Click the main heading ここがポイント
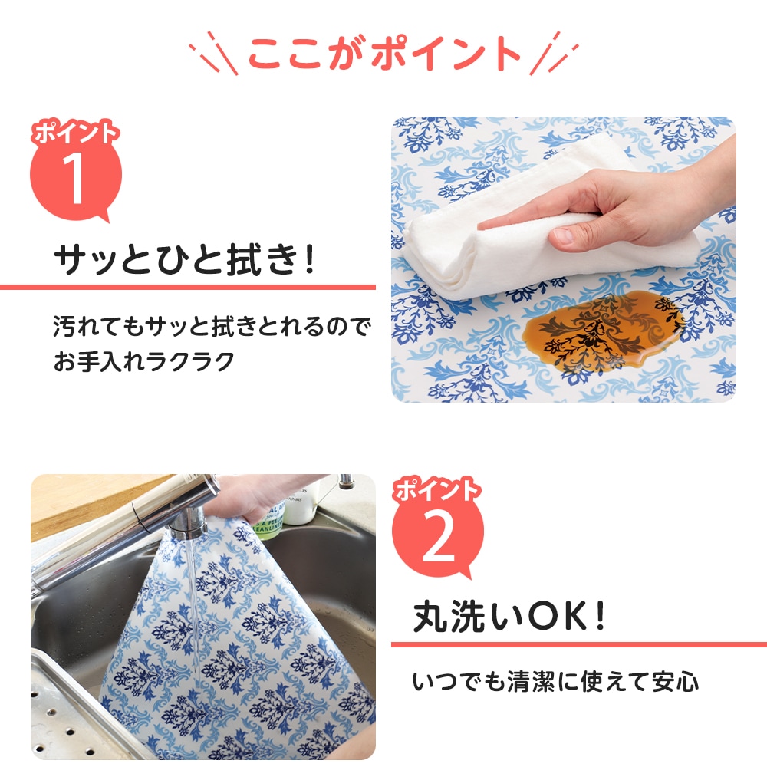[384, 53]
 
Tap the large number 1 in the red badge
[74, 176]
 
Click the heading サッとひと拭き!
[184, 259]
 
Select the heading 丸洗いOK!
[509, 617]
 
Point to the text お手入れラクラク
[144, 362]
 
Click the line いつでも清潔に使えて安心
[555, 682]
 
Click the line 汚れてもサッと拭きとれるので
[212, 326]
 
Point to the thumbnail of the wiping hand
[564, 259]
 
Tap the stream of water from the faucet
[192, 611]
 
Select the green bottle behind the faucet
[269, 521]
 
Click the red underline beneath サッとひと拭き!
[188, 287]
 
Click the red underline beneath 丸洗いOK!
[579, 644]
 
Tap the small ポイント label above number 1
[75, 132]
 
